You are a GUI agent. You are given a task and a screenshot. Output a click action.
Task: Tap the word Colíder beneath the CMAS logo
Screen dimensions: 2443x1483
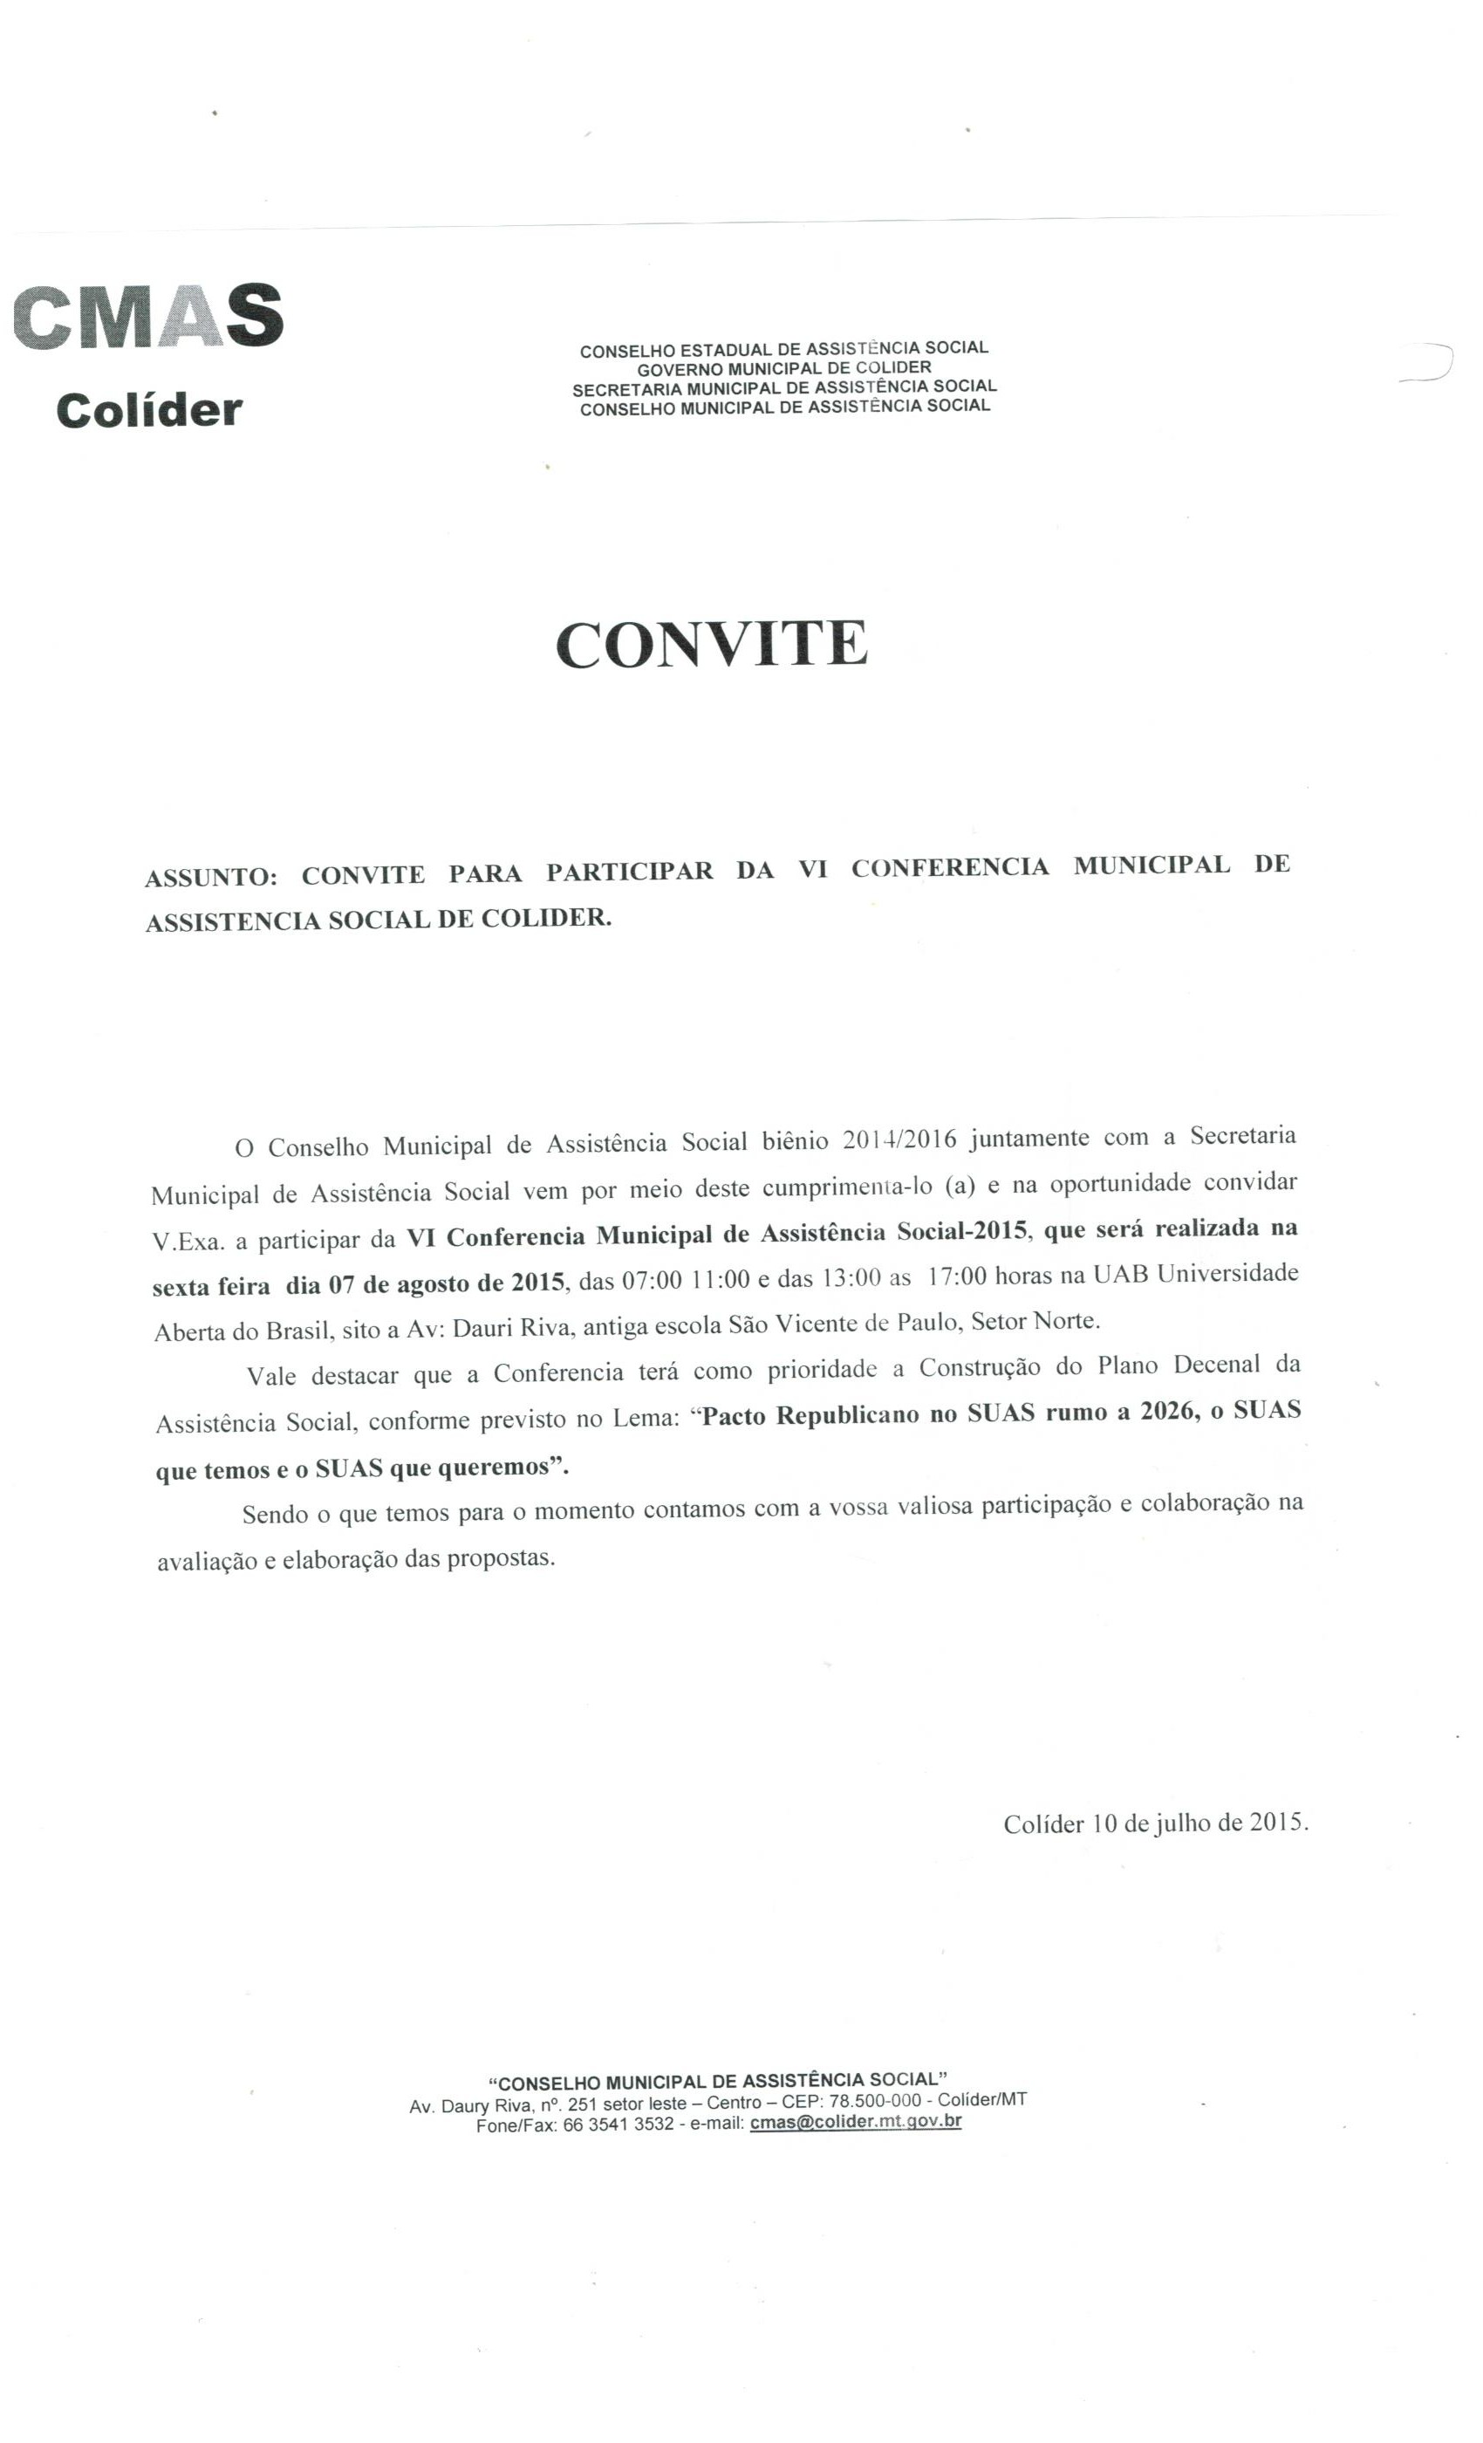(x=148, y=409)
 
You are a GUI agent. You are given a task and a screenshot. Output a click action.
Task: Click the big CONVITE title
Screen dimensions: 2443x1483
(x=711, y=644)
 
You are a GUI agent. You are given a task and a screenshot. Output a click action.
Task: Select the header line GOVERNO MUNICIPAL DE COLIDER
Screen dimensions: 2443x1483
(x=783, y=368)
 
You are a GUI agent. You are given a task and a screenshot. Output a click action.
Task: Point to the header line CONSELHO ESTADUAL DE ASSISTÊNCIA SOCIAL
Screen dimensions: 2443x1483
(x=783, y=349)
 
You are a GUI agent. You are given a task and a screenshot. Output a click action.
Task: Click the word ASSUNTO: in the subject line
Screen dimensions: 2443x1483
(x=210, y=878)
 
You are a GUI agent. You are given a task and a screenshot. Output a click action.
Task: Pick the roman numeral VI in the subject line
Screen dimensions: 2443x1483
(x=812, y=870)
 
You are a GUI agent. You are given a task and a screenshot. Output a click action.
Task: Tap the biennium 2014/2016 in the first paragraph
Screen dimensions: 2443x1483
(x=899, y=1139)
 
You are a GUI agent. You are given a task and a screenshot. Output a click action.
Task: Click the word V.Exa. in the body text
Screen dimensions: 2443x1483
(x=188, y=1242)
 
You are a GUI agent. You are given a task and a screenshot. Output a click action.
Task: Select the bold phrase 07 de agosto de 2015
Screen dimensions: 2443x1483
(x=446, y=1284)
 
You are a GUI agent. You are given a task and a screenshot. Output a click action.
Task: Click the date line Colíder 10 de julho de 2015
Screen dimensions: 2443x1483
(x=1155, y=1824)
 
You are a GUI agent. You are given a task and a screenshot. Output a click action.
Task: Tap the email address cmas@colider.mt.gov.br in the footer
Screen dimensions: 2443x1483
(x=856, y=2122)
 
